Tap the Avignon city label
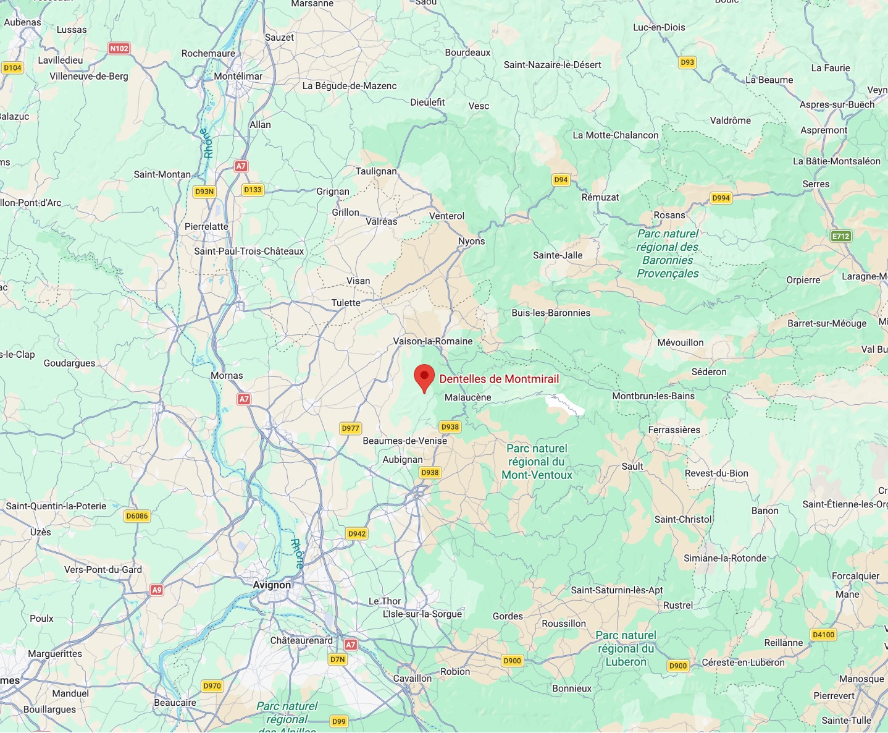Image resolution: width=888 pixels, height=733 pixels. pyautogui.click(x=272, y=585)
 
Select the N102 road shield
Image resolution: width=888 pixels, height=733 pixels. pyautogui.click(x=119, y=48)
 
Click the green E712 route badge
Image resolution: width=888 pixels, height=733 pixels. pyautogui.click(x=841, y=236)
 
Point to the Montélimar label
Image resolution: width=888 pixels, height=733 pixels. pyautogui.click(x=238, y=76)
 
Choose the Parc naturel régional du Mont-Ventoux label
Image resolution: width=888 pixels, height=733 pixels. pyautogui.click(x=537, y=462)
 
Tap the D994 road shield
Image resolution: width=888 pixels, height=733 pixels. pyautogui.click(x=721, y=198)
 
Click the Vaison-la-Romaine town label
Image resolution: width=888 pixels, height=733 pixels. pyautogui.click(x=433, y=341)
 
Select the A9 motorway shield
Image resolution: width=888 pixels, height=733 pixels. pyautogui.click(x=157, y=590)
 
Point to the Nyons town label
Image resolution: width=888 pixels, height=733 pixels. pyautogui.click(x=471, y=241)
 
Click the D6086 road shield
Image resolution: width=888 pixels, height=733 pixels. pyautogui.click(x=137, y=516)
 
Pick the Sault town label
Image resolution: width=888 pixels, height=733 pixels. pyautogui.click(x=632, y=466)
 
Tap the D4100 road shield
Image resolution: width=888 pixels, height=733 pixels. pyautogui.click(x=823, y=635)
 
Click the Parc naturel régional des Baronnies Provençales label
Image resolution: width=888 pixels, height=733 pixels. pyautogui.click(x=668, y=253)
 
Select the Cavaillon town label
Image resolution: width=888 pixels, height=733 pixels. pyautogui.click(x=413, y=678)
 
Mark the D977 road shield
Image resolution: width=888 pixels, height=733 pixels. pyautogui.click(x=350, y=428)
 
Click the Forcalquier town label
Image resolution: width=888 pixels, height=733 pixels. pyautogui.click(x=855, y=576)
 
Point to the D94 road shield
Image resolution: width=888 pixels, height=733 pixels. pyautogui.click(x=561, y=180)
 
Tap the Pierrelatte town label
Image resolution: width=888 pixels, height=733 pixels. pyautogui.click(x=206, y=226)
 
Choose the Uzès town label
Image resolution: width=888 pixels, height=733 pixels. pyautogui.click(x=41, y=532)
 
